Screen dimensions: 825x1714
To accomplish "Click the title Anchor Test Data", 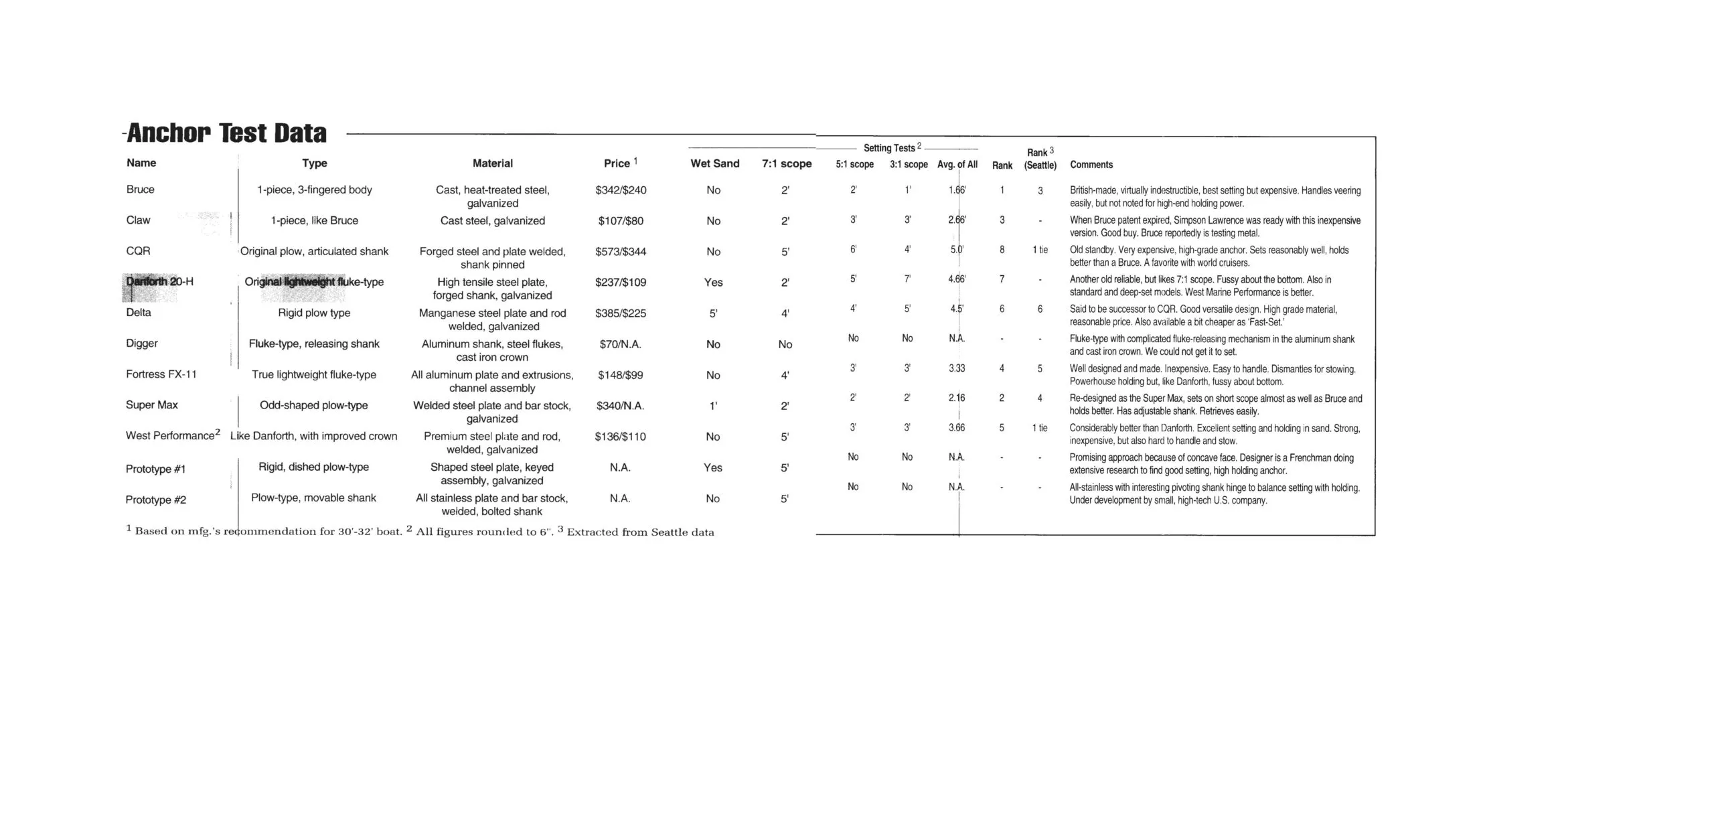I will coord(226,133).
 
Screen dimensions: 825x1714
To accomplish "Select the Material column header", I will coord(492,163).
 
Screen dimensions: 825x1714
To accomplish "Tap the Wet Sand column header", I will coord(714,163).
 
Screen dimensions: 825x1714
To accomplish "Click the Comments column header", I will coord(1091,165).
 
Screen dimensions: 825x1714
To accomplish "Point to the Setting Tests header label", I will coord(888,148).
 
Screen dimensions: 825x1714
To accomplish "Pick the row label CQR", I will coord(138,251).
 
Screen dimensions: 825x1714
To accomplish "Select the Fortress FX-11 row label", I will coord(161,374).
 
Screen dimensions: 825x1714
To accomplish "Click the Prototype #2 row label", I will coord(155,500).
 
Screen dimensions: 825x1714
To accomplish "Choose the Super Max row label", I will coord(151,405).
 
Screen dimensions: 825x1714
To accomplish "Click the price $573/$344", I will coord(620,252).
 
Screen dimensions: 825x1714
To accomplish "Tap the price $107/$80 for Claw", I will coord(620,221).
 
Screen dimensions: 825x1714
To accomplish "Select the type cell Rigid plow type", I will coord(314,313).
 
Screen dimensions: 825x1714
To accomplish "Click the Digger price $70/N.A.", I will coord(620,344).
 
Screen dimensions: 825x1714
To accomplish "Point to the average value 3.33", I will coord(956,368).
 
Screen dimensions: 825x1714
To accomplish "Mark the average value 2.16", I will coord(956,398).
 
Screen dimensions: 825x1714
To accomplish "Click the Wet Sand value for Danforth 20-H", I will coord(713,283).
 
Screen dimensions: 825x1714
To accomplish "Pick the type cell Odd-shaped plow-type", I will coord(313,405).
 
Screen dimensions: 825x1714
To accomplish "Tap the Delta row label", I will coord(138,313).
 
